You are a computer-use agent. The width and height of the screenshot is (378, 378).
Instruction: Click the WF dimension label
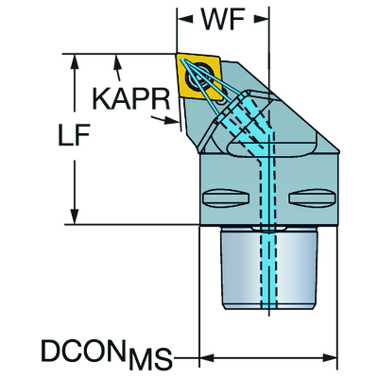(x=223, y=20)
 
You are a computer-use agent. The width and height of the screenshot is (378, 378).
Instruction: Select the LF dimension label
(x=75, y=134)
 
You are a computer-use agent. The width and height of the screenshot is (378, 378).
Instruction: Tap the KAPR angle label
(x=131, y=98)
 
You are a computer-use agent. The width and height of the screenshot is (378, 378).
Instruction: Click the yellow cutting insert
(x=199, y=77)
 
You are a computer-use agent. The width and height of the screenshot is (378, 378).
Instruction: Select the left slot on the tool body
(x=226, y=198)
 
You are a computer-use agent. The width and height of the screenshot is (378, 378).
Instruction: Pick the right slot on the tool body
(x=311, y=198)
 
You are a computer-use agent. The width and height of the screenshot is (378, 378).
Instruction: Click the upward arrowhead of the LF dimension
(x=75, y=61)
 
